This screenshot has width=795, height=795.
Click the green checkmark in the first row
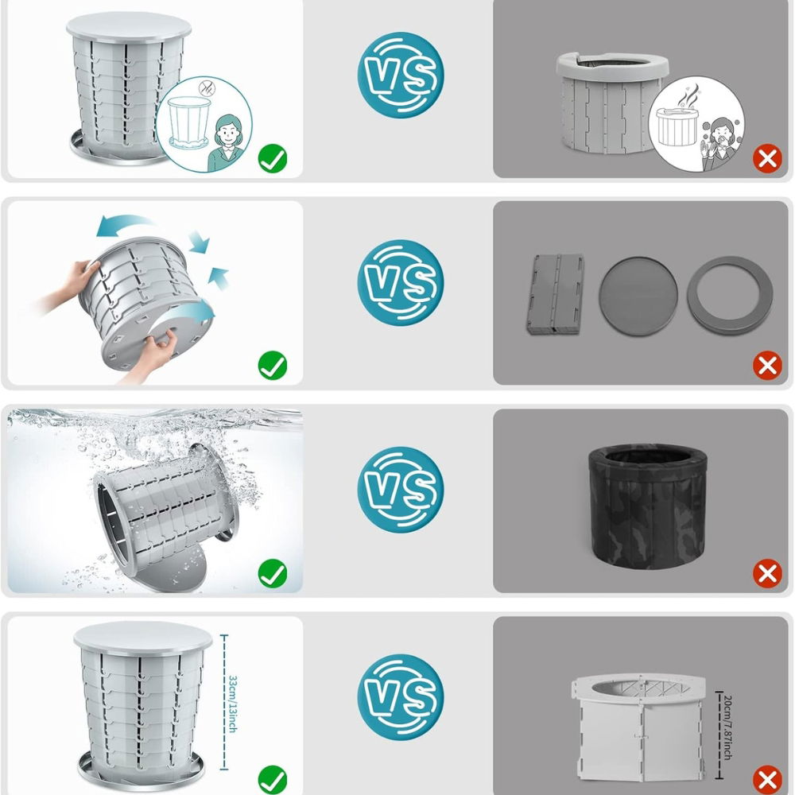[273, 159]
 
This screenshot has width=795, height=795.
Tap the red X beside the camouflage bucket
[767, 573]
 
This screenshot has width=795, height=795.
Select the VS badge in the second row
[401, 282]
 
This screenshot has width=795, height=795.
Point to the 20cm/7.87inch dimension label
[727, 727]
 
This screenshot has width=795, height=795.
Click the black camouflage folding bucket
[647, 506]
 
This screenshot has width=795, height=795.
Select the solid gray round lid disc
[638, 296]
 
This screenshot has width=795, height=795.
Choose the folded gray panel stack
[555, 294]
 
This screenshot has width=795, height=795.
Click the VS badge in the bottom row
[401, 697]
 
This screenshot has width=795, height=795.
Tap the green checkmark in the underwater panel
[273, 573]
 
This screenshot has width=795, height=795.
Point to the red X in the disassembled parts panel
[767, 366]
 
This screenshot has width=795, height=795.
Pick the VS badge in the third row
[401, 489]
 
